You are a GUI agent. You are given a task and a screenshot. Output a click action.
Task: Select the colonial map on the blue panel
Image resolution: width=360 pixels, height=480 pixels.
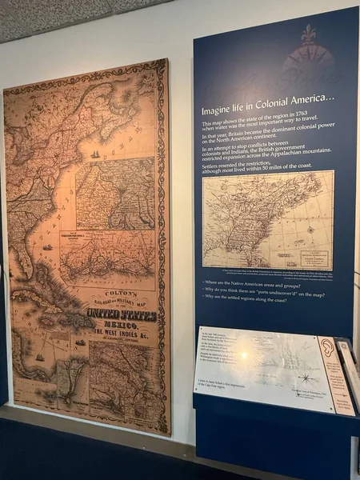(267, 219)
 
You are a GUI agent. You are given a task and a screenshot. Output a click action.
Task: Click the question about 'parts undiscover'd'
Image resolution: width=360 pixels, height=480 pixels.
(263, 291)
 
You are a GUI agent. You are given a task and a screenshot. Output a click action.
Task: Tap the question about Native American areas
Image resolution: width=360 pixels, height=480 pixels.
(255, 282)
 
